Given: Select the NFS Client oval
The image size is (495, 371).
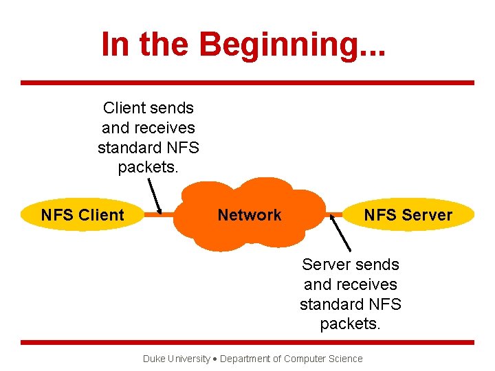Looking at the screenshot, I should click(82, 215).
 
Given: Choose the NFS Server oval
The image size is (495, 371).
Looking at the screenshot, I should click(408, 215).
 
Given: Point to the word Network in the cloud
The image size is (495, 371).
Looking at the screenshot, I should click(249, 215).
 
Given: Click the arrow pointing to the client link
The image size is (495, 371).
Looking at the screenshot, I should click(153, 195).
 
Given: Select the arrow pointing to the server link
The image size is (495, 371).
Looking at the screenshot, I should click(341, 233).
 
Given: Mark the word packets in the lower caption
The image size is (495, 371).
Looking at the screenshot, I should click(350, 324).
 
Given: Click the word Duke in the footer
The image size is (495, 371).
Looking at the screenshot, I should click(153, 359).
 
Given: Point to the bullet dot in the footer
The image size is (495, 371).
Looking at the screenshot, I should click(214, 359).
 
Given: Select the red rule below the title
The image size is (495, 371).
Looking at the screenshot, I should click(247, 83).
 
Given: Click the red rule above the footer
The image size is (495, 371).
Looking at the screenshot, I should click(247, 342).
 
